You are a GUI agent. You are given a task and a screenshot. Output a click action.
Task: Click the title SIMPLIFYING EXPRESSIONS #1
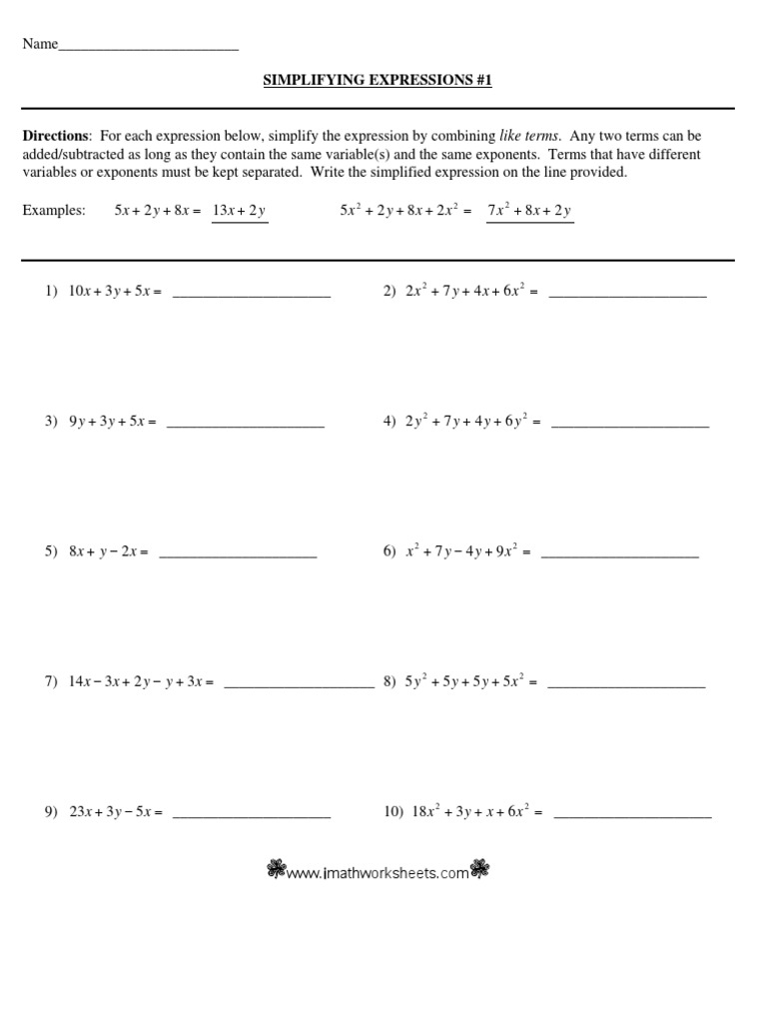tap(378, 80)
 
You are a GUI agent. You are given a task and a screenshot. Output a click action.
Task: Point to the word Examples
tap(54, 211)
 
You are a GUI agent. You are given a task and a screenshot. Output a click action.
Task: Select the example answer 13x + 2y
tap(240, 211)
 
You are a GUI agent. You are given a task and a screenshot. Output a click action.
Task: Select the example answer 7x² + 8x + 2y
tap(529, 211)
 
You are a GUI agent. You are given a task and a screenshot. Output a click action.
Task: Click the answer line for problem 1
tap(251, 296)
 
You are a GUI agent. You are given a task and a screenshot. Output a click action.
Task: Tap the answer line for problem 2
tap(627, 296)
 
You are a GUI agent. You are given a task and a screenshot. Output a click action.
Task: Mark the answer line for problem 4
tap(629, 425)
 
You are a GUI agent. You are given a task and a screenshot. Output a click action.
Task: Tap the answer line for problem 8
tap(626, 685)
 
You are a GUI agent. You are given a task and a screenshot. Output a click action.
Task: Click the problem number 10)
tap(392, 813)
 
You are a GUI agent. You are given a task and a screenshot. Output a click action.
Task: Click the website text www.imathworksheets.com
tap(378, 873)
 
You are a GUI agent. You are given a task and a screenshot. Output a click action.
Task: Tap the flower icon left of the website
tap(276, 871)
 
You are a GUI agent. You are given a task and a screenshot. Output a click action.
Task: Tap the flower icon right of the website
tap(480, 871)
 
